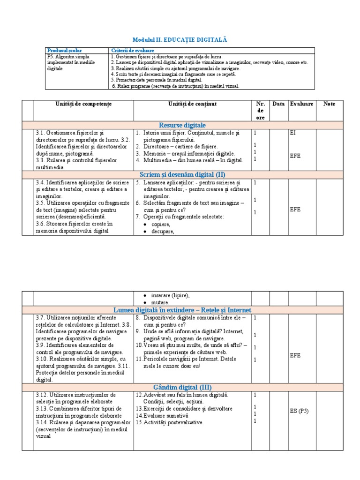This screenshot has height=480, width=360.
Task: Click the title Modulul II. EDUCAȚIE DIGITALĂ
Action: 180,40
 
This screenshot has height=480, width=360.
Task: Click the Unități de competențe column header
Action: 83,104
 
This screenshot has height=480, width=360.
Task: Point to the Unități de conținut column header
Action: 192,104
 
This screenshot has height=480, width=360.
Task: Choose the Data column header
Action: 278,104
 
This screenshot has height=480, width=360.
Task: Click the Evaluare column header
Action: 301,104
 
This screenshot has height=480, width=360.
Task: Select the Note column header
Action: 329,104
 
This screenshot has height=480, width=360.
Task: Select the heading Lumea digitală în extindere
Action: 182,310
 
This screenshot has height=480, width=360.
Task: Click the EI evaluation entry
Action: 292,133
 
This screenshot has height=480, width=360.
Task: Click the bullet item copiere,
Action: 161,225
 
